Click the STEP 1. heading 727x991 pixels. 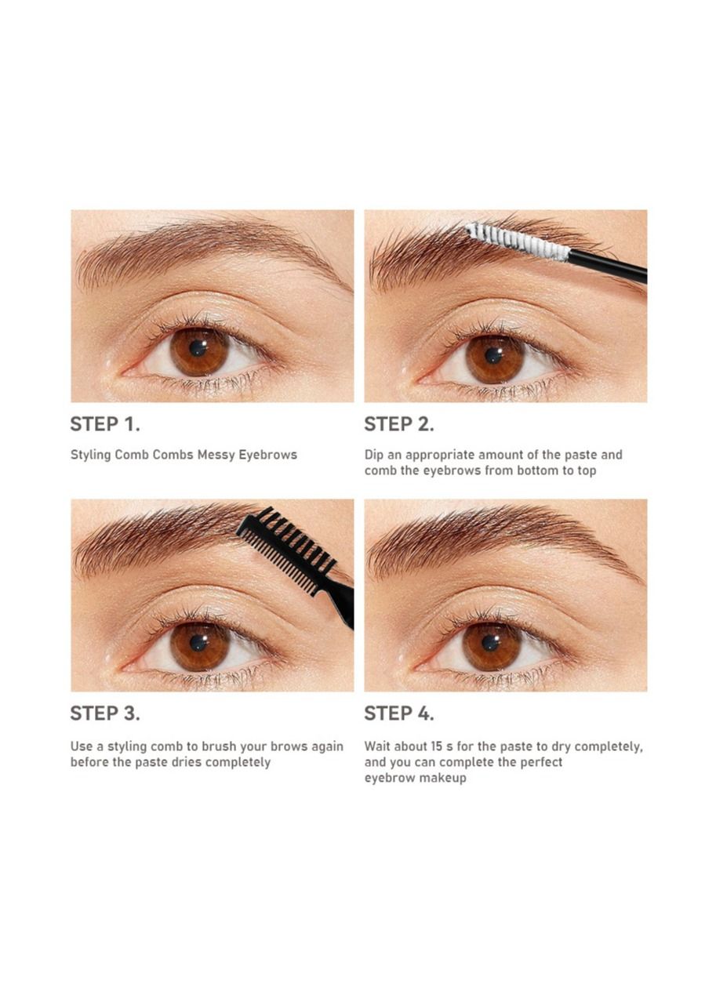point(105,424)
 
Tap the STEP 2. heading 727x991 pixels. point(399,424)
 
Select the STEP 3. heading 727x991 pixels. point(105,713)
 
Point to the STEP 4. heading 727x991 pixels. point(399,713)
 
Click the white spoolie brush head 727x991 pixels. point(518,241)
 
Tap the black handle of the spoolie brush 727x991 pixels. point(607,267)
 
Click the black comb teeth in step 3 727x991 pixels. point(287,549)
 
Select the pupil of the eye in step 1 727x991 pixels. point(198,348)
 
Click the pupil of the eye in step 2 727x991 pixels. point(493,355)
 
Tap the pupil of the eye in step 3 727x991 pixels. point(198,642)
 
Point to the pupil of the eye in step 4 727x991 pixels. point(490,642)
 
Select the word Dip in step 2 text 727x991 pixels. point(373,456)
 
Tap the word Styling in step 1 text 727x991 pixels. point(91,456)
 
